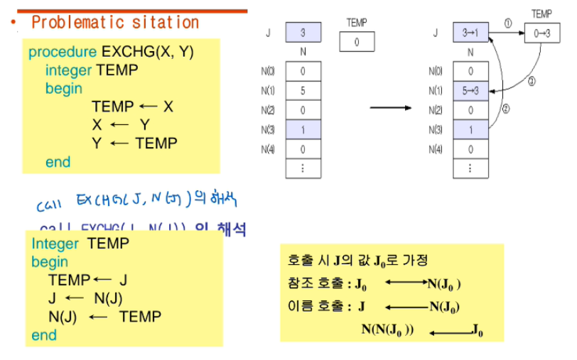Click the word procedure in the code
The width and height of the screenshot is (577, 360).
tap(63, 53)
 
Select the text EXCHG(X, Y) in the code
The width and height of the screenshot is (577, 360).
tap(148, 53)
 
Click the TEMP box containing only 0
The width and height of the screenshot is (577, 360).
tap(357, 42)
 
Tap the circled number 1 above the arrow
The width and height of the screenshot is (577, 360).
tap(507, 23)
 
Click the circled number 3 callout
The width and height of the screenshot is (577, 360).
tap(531, 81)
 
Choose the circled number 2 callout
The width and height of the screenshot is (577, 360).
tap(505, 109)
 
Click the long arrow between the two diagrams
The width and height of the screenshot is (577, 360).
tap(391, 108)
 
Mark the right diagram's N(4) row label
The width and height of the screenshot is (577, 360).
tap(436, 150)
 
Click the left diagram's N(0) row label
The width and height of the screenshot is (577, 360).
tap(269, 71)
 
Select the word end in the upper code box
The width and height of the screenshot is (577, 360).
tap(58, 162)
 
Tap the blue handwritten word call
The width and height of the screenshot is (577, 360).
tap(50, 206)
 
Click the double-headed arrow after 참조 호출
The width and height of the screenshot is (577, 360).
tap(406, 284)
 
